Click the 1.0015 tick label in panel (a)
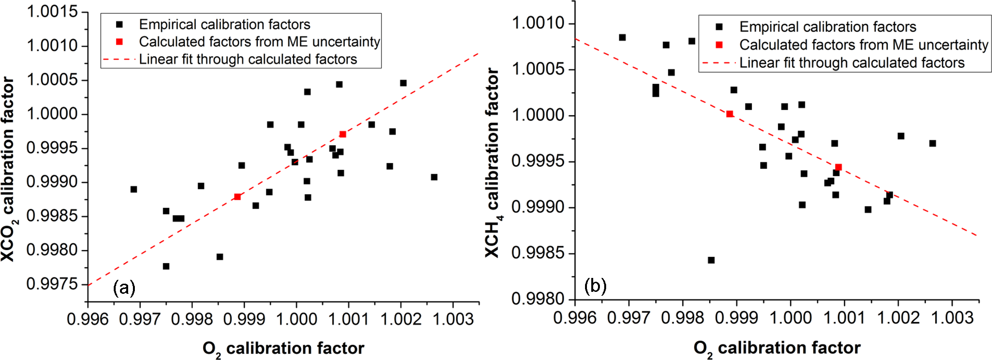(x=52, y=12)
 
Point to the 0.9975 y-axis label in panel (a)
(x=52, y=284)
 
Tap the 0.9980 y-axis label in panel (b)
(x=538, y=299)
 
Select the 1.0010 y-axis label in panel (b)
(x=538, y=23)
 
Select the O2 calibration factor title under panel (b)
(x=777, y=348)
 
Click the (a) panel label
(x=124, y=288)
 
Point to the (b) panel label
(x=596, y=287)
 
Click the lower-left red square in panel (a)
(x=238, y=197)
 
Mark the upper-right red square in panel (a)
(x=343, y=134)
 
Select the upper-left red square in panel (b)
(x=730, y=114)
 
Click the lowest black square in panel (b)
(x=711, y=260)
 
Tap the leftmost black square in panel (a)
(x=134, y=189)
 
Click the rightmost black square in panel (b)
(x=932, y=144)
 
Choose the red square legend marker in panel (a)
(x=120, y=42)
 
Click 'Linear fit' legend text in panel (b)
(x=851, y=63)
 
